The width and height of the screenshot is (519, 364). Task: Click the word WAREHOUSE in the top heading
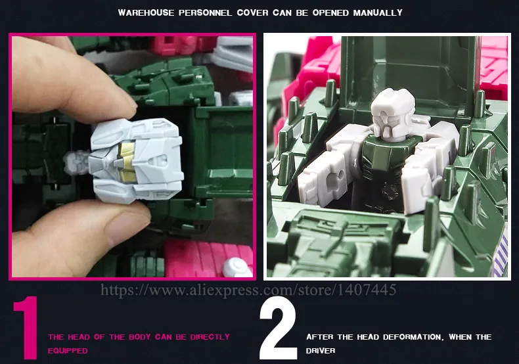146,13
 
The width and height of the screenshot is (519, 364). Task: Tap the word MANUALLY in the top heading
378,13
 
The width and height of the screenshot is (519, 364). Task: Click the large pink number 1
26,328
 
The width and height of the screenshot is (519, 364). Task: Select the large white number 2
278,328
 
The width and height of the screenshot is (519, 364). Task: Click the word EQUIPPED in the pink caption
68,351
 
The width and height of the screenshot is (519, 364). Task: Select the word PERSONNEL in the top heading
205,13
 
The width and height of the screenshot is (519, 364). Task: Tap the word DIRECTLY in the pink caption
210,337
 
